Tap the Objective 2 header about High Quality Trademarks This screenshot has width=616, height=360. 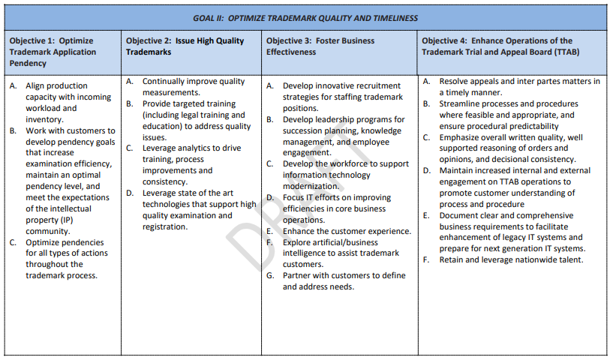pos(185,46)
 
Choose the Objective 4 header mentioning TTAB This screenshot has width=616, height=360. pos(497,46)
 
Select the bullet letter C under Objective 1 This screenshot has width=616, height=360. pos(14,241)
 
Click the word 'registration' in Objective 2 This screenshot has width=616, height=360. pos(164,226)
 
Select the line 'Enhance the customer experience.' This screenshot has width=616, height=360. pos(347,231)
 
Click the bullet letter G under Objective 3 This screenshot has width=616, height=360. pos(270,275)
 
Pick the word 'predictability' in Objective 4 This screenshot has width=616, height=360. pos(525,126)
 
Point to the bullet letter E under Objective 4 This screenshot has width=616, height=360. pos(426,215)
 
